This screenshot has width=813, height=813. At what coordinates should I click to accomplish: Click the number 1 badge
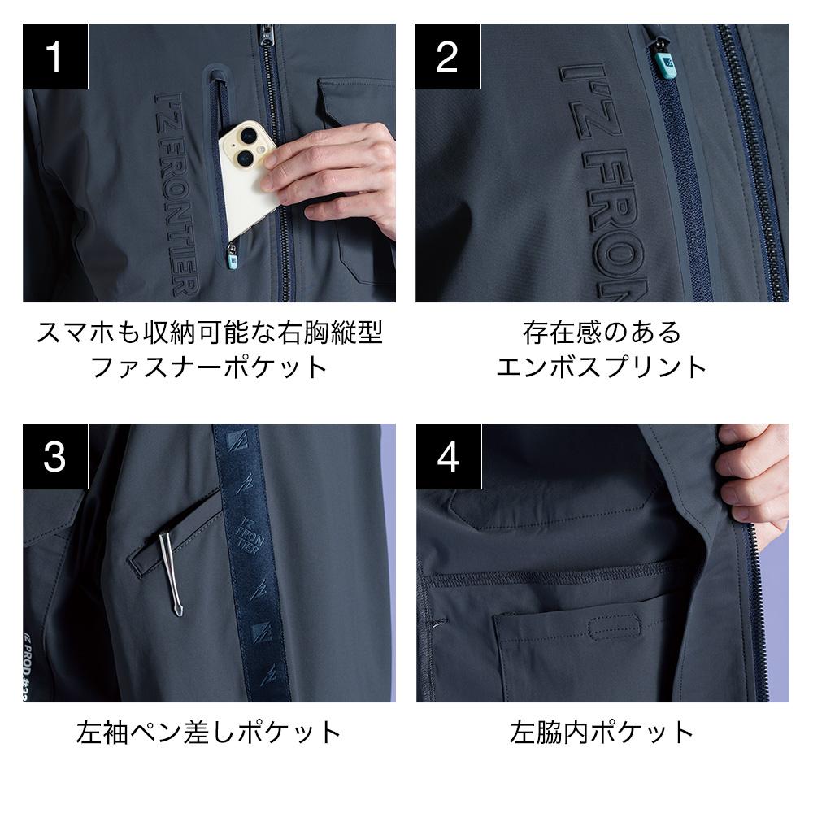[x=55, y=56]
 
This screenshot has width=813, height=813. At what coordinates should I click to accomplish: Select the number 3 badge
[x=55, y=457]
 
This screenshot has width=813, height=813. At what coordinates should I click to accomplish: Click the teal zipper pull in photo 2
[x=664, y=64]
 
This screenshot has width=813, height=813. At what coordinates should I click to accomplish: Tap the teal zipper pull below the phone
[x=233, y=259]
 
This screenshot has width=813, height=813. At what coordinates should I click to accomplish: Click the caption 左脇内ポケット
[x=602, y=733]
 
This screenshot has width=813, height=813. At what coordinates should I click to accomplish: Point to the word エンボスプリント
[x=602, y=367]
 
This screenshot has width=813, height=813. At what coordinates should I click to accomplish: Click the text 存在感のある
[x=602, y=332]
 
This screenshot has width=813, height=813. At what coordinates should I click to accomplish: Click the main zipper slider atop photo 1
[x=266, y=36]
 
